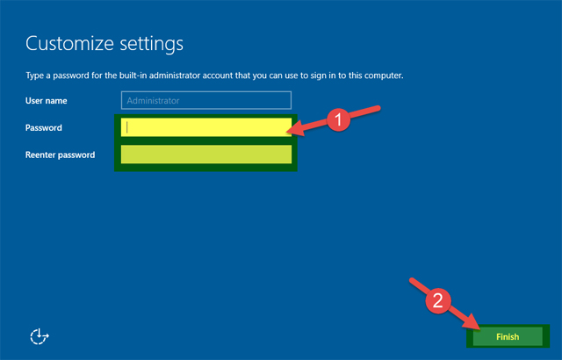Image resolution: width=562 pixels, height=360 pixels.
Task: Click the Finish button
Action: coord(507,336)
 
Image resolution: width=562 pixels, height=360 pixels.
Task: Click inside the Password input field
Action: coord(206,127)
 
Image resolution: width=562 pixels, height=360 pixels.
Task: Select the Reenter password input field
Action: coord(206,155)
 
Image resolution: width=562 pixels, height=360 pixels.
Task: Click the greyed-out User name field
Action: coord(206,101)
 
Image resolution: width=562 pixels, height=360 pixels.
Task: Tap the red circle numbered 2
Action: coord(438,300)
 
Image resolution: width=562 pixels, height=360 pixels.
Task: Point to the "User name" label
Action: coord(48,101)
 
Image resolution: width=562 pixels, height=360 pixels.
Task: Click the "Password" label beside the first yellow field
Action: coord(44,128)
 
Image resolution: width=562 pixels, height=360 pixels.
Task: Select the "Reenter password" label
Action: coord(60,155)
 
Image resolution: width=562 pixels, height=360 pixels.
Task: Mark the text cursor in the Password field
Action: coord(128,127)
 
